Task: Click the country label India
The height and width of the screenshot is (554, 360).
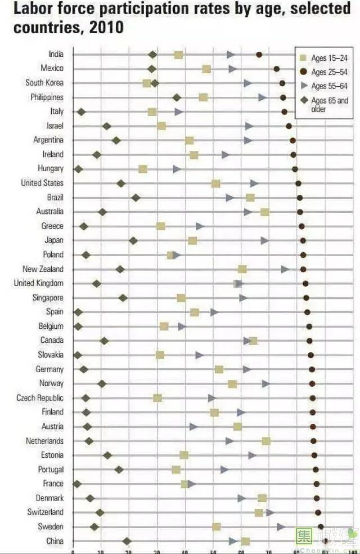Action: click(56, 54)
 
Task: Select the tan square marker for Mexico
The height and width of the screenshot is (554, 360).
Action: click(206, 69)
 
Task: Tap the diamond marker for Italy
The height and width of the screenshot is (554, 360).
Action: click(81, 112)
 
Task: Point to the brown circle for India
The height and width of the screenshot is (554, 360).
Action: click(259, 55)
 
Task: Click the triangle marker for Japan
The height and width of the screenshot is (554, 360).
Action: click(264, 240)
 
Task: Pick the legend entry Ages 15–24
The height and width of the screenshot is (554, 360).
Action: click(324, 58)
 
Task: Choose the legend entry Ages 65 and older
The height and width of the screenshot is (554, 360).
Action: click(328, 105)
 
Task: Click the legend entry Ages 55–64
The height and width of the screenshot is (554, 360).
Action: click(324, 86)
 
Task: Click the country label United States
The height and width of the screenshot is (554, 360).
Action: click(42, 183)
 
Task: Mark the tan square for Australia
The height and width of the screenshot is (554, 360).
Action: click(264, 212)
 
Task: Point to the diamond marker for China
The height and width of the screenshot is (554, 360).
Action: click(127, 541)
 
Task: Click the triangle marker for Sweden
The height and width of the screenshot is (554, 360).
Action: click(280, 526)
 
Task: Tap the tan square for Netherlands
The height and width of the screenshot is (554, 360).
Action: click(265, 441)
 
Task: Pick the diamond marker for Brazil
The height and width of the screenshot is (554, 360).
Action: click(136, 198)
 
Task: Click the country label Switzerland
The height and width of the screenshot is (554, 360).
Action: click(45, 512)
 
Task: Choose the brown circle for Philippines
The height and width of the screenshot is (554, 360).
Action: click(283, 97)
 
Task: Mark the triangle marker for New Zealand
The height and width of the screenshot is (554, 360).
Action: click(285, 269)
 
